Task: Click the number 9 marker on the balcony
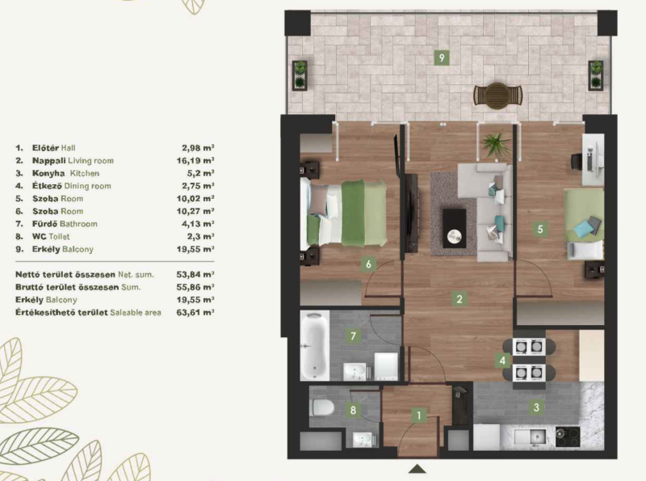pos(442,57)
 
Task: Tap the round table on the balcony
pos(497,95)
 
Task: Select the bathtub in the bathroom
pos(315,346)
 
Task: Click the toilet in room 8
pos(321,407)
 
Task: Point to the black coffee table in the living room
pos(455,229)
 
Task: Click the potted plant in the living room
pos(496,144)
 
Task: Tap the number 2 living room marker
pos(459,299)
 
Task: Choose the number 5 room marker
pos(540,229)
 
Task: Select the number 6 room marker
pos(368,264)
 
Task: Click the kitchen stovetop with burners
pos(568,437)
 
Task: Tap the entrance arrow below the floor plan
pos(417,469)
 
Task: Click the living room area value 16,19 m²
pos(195,161)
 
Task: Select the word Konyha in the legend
pos(48,173)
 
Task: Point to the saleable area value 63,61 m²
pos(195,312)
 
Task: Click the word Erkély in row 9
pos(46,249)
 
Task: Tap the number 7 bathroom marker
pos(353,335)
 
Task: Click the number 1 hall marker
pos(419,416)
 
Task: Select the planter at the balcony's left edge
pos(300,75)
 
